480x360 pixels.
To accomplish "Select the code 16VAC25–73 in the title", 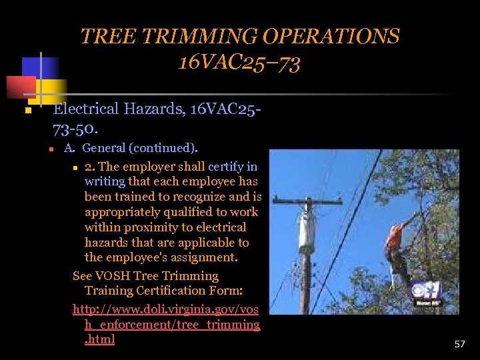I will (x=239, y=63).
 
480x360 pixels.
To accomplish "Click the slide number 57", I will (x=459, y=344).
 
